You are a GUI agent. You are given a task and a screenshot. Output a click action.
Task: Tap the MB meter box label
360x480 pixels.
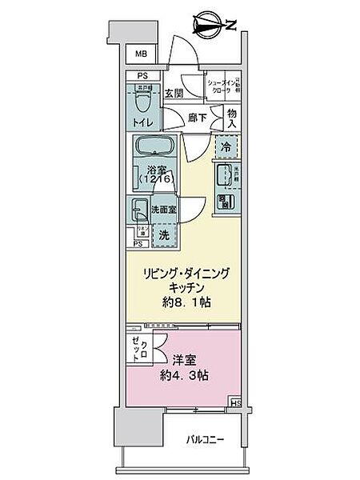(141, 54)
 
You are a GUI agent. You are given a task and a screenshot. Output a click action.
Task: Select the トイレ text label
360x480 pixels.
(142, 124)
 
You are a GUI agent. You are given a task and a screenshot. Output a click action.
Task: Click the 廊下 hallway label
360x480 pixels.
(197, 118)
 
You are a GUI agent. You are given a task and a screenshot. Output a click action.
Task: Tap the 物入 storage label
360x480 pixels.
(232, 118)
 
